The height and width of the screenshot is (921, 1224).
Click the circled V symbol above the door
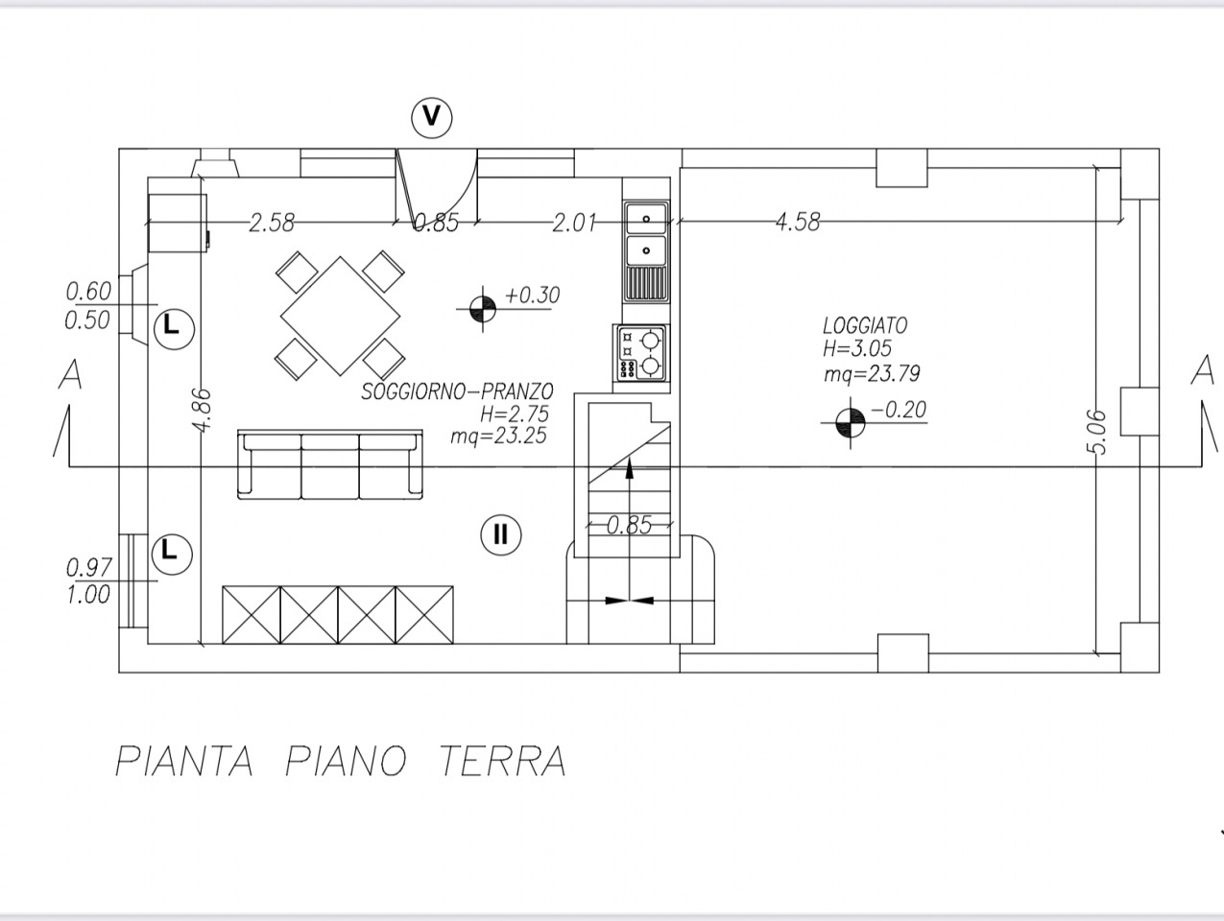point(432,117)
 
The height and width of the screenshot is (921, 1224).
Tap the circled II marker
point(500,534)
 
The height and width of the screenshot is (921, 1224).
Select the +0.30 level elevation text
point(532,295)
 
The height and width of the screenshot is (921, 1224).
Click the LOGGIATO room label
point(864,326)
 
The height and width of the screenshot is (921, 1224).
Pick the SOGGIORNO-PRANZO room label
point(457,391)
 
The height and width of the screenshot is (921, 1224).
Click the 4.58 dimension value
point(798,222)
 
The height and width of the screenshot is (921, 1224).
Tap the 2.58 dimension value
point(272,224)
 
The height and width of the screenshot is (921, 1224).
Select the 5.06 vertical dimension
point(1099,433)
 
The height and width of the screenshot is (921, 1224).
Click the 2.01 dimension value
point(574,224)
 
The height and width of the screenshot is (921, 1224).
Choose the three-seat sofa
point(330,465)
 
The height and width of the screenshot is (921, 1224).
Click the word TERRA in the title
point(502,761)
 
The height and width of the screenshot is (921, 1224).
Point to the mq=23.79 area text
point(872,374)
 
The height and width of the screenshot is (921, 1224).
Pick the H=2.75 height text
point(515,414)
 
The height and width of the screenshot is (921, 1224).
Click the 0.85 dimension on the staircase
point(630,525)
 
